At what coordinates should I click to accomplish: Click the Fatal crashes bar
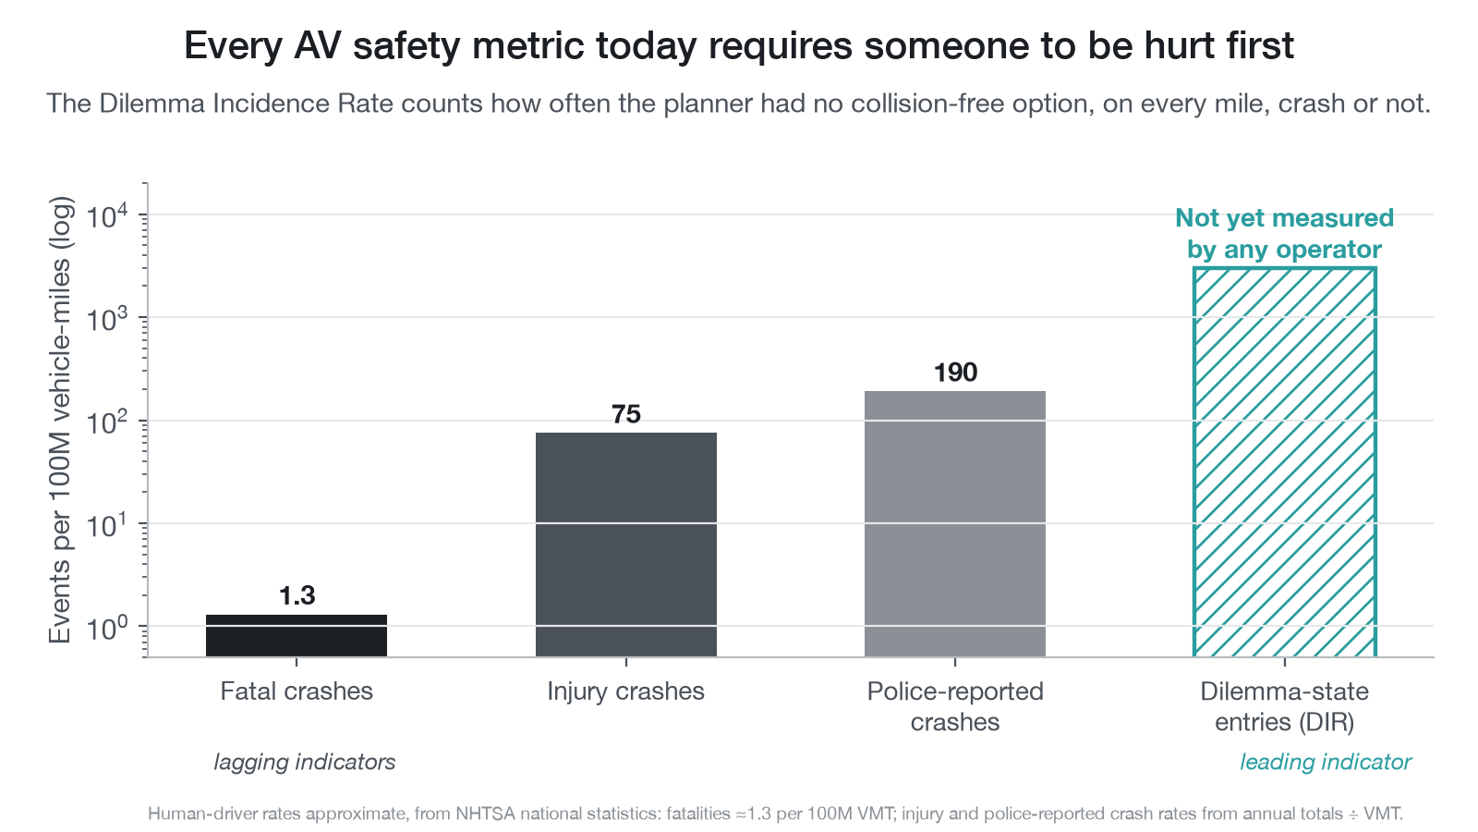click(x=297, y=635)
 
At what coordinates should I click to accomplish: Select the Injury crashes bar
click(x=626, y=544)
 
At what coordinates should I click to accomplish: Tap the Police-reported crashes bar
click(x=955, y=523)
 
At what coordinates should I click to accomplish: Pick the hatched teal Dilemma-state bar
click(x=1285, y=462)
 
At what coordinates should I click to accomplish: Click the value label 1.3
click(x=297, y=595)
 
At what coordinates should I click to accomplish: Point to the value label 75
click(x=626, y=414)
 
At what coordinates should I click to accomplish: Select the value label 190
click(x=955, y=373)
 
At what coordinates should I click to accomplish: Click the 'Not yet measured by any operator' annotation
click(x=1285, y=234)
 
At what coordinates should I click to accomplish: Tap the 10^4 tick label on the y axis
click(x=107, y=215)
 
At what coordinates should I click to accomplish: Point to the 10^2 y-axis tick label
click(x=107, y=422)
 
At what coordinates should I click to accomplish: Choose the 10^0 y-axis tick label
click(x=107, y=628)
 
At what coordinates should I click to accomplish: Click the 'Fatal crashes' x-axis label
click(x=297, y=691)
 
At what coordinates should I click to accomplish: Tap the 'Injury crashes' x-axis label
click(x=625, y=691)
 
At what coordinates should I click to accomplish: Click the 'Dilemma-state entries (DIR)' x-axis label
click(x=1285, y=706)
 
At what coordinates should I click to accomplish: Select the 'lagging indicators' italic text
click(x=304, y=762)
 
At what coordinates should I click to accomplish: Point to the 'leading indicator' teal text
click(x=1326, y=762)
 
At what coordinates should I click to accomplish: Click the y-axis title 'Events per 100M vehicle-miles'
click(x=60, y=420)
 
